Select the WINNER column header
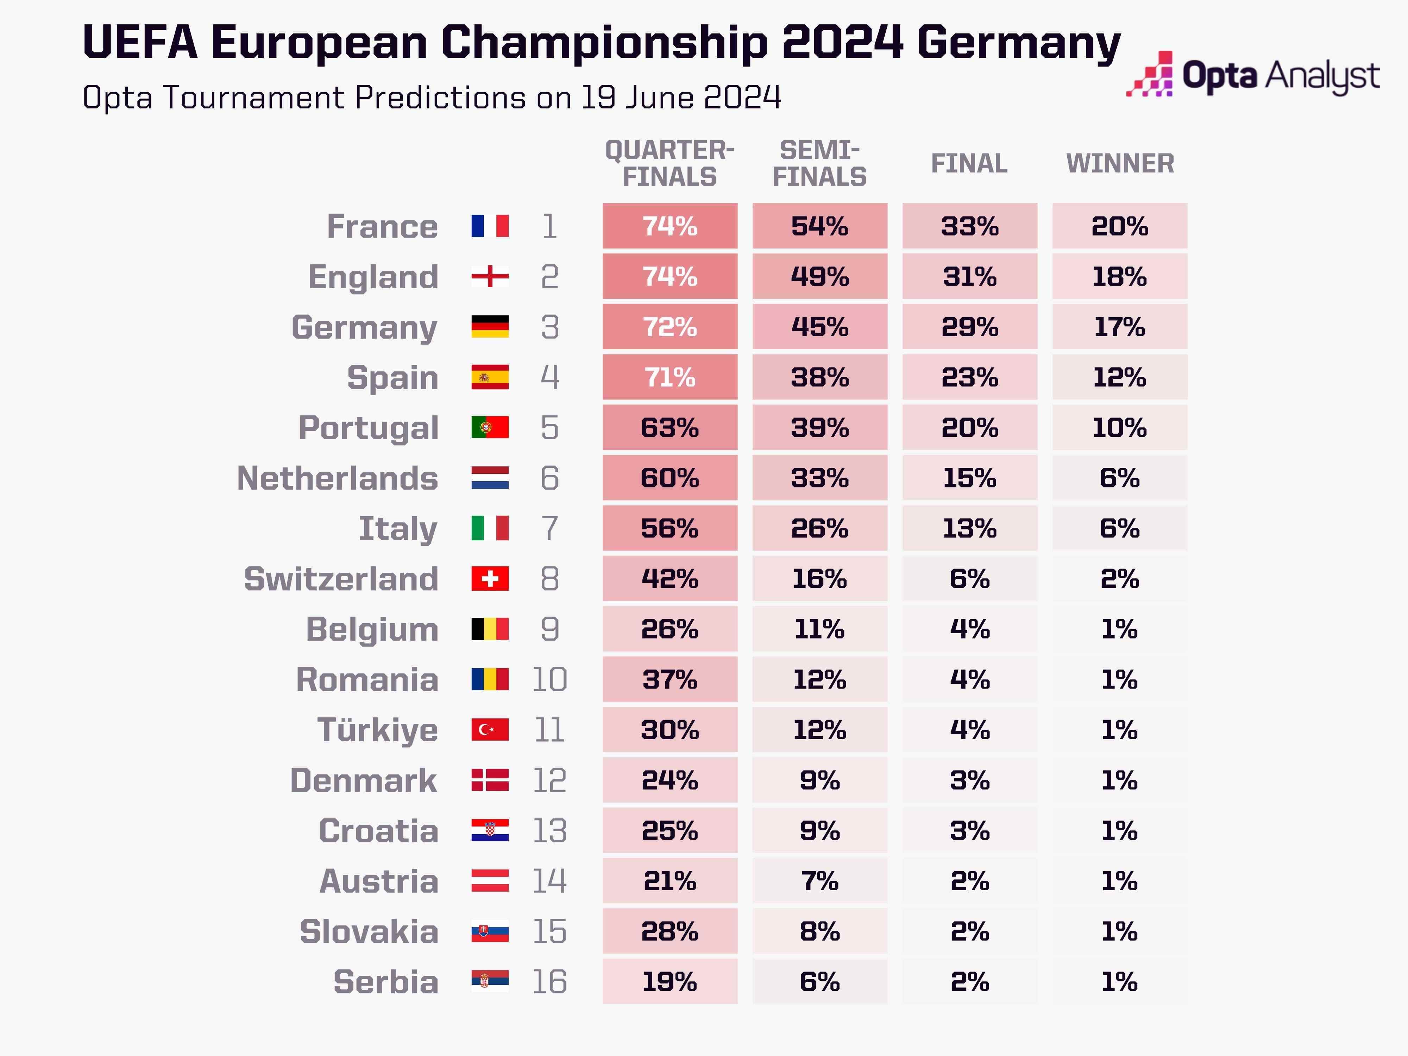click(x=1120, y=164)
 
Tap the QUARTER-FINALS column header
click(x=670, y=164)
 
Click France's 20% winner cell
click(x=1120, y=226)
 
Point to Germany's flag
click(x=490, y=327)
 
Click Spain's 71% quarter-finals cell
click(x=670, y=377)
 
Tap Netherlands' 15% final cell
click(x=969, y=478)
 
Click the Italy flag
click(x=490, y=528)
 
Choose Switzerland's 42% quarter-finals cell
click(x=670, y=579)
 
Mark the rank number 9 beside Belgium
click(x=549, y=629)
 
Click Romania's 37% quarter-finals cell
click(x=670, y=679)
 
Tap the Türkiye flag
click(x=490, y=729)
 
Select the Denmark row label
click(x=364, y=780)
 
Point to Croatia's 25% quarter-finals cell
click(x=670, y=831)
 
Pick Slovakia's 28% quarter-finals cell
click(x=670, y=931)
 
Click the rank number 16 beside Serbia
click(x=549, y=981)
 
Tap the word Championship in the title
click(x=605, y=43)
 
